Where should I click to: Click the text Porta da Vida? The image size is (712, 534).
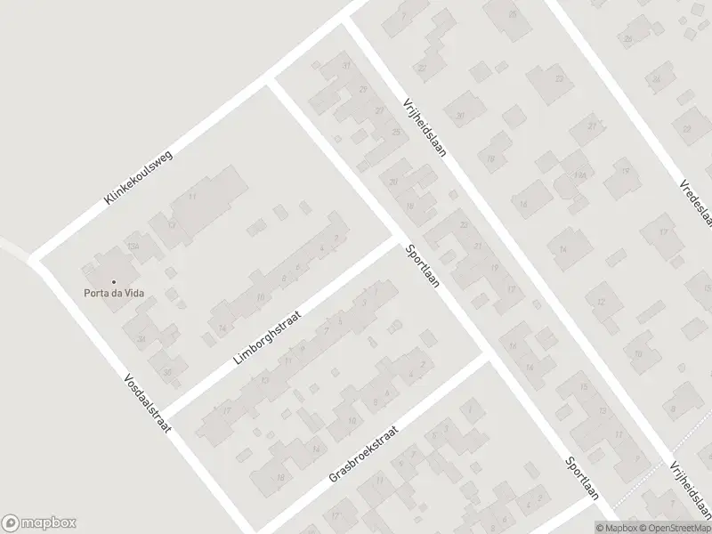coord(115,293)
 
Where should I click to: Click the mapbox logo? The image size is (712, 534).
coord(39,523)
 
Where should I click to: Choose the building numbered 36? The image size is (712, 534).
coord(166,372)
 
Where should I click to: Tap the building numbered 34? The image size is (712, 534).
coord(141,339)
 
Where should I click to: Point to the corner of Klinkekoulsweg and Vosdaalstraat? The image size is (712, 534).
coord(36,259)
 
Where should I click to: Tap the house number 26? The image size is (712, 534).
coord(628,39)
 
